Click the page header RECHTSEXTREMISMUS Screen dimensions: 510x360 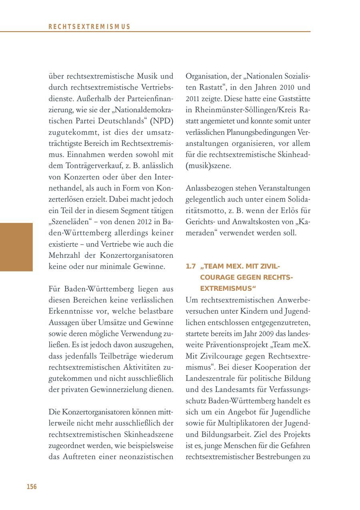(90, 27)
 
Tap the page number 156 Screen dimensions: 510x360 (32, 486)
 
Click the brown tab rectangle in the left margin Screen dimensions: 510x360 (16, 247)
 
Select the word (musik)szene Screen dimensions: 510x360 (208, 165)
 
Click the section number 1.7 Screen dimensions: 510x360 (191, 266)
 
